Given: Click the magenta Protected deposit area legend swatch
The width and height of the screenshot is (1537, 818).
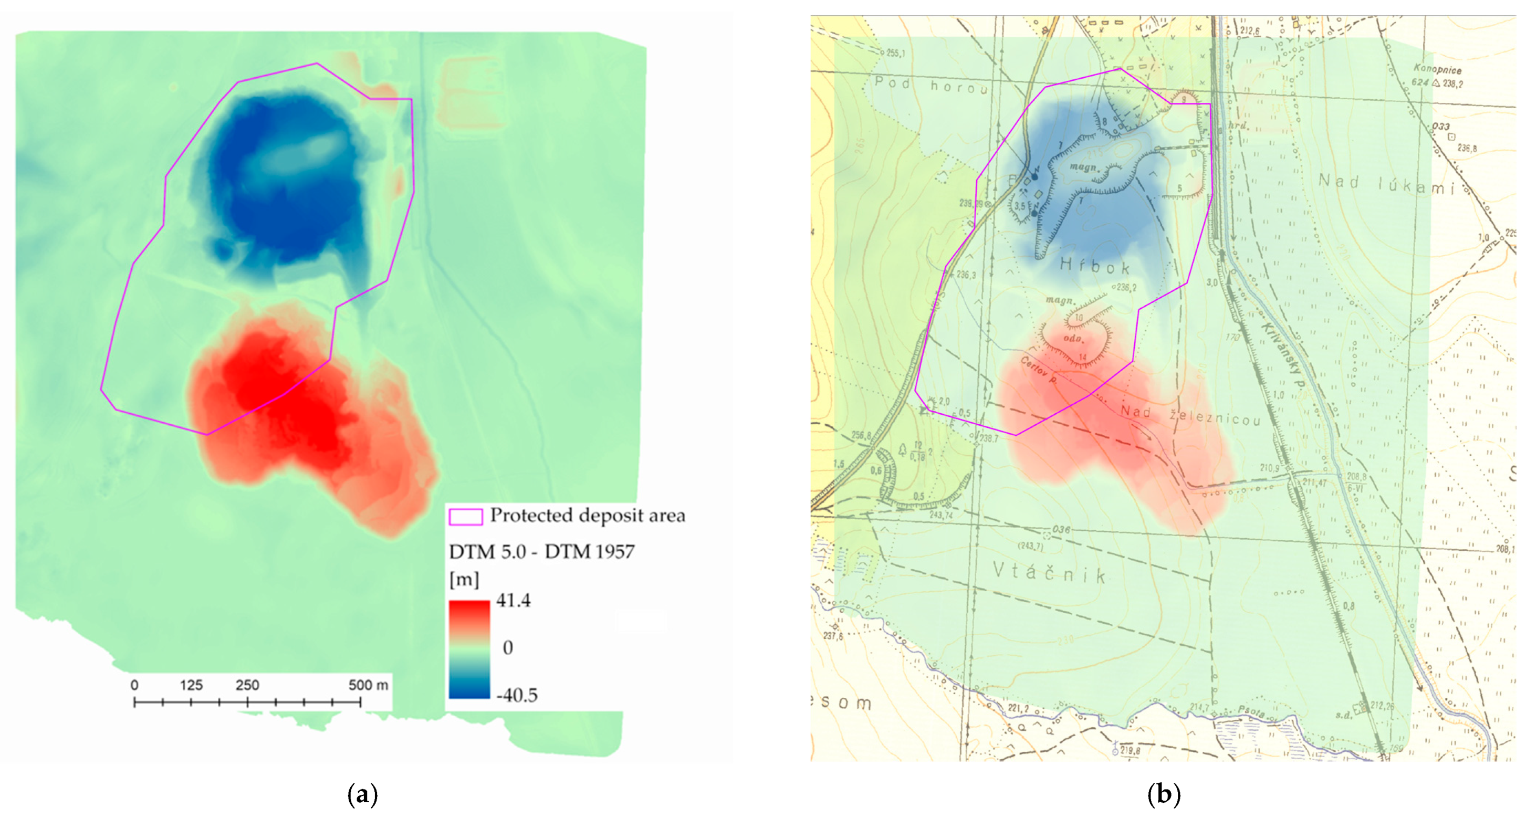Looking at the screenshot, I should pos(465,517).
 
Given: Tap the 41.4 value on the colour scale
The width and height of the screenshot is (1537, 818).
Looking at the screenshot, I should pos(513,600).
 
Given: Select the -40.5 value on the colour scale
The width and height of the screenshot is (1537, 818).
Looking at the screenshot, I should pos(517,695).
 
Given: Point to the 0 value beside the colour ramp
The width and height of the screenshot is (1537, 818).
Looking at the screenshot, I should pos(508,647).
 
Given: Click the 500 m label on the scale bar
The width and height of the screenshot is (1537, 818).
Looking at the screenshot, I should pos(368,685).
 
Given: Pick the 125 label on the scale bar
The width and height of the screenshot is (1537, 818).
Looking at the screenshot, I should pos(191,685).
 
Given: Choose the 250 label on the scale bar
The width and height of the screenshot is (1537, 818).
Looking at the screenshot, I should pos(247,685).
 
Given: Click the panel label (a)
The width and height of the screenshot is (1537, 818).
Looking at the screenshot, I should pos(362,795).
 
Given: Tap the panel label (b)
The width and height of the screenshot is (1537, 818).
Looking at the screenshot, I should pos(1164,795).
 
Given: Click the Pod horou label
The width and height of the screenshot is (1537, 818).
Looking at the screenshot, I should pos(931,86).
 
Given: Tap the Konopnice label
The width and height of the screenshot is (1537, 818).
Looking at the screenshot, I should pos(1437,69).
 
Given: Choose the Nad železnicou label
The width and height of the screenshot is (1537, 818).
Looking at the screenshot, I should pos(1190,415).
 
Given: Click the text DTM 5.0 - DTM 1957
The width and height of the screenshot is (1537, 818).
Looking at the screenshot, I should pos(541,552).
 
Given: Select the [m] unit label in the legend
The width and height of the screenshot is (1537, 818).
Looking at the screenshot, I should pos(464,579).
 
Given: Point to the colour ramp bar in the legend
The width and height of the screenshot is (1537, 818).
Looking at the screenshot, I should pos(469,648).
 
